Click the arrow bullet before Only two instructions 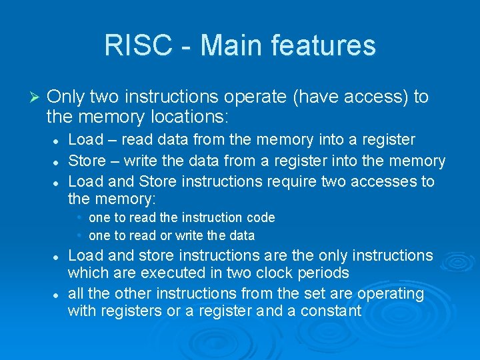[x=37, y=97]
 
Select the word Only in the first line [x=64, y=97]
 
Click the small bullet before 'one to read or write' [x=79, y=235]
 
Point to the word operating [x=391, y=293]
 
